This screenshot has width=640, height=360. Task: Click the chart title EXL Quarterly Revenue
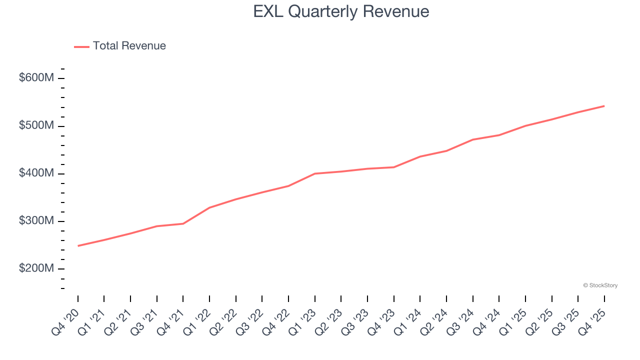coord(341,11)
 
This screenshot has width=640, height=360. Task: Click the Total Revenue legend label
coord(129,46)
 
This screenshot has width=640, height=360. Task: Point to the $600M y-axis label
coord(36,78)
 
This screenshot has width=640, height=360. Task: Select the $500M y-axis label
coord(36,125)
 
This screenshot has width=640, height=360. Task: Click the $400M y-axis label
coord(36,173)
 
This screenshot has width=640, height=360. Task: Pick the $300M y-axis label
coord(36,221)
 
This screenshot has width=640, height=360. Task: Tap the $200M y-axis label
coord(36,268)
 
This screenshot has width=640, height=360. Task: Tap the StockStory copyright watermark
coord(600,285)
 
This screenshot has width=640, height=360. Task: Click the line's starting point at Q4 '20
coord(78,245)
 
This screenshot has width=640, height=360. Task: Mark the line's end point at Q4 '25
coord(604,106)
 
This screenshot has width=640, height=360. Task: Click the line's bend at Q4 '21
coord(183,223)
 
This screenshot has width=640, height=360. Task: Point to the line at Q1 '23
coord(315,173)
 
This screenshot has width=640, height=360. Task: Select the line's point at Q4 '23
coord(394,167)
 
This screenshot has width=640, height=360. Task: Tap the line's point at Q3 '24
coord(473,139)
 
